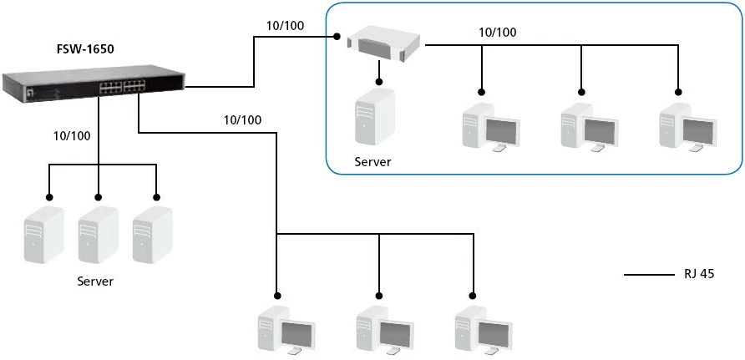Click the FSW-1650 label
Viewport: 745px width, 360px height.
[x=86, y=49]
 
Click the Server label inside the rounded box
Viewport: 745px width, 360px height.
[x=372, y=161]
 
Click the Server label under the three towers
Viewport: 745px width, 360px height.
[x=95, y=281]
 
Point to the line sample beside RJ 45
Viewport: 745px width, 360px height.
[x=649, y=274]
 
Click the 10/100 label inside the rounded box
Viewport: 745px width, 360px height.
[x=497, y=33]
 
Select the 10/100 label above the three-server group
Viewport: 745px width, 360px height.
[x=72, y=134]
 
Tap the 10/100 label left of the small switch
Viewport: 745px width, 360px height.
[x=285, y=25]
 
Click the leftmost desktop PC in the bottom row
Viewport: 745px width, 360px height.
[x=284, y=332]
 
